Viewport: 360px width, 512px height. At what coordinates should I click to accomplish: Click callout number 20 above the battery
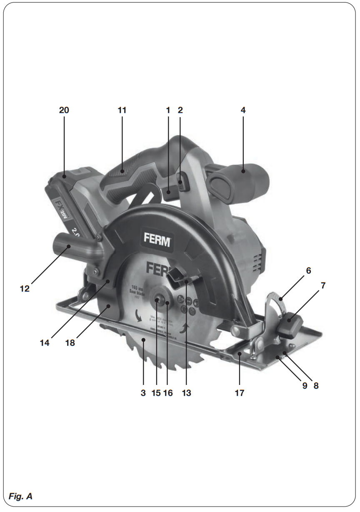tap(64, 110)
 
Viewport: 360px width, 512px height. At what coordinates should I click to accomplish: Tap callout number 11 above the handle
tap(122, 110)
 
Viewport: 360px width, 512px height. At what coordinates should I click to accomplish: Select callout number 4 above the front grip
tap(243, 110)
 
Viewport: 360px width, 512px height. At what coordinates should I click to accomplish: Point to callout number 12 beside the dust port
tap(25, 288)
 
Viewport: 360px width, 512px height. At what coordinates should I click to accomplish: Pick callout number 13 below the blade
tap(186, 392)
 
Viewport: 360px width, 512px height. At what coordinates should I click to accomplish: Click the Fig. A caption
tap(20, 496)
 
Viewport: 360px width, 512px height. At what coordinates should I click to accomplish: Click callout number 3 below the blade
tap(143, 392)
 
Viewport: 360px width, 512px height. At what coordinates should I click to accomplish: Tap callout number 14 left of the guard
tap(45, 343)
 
